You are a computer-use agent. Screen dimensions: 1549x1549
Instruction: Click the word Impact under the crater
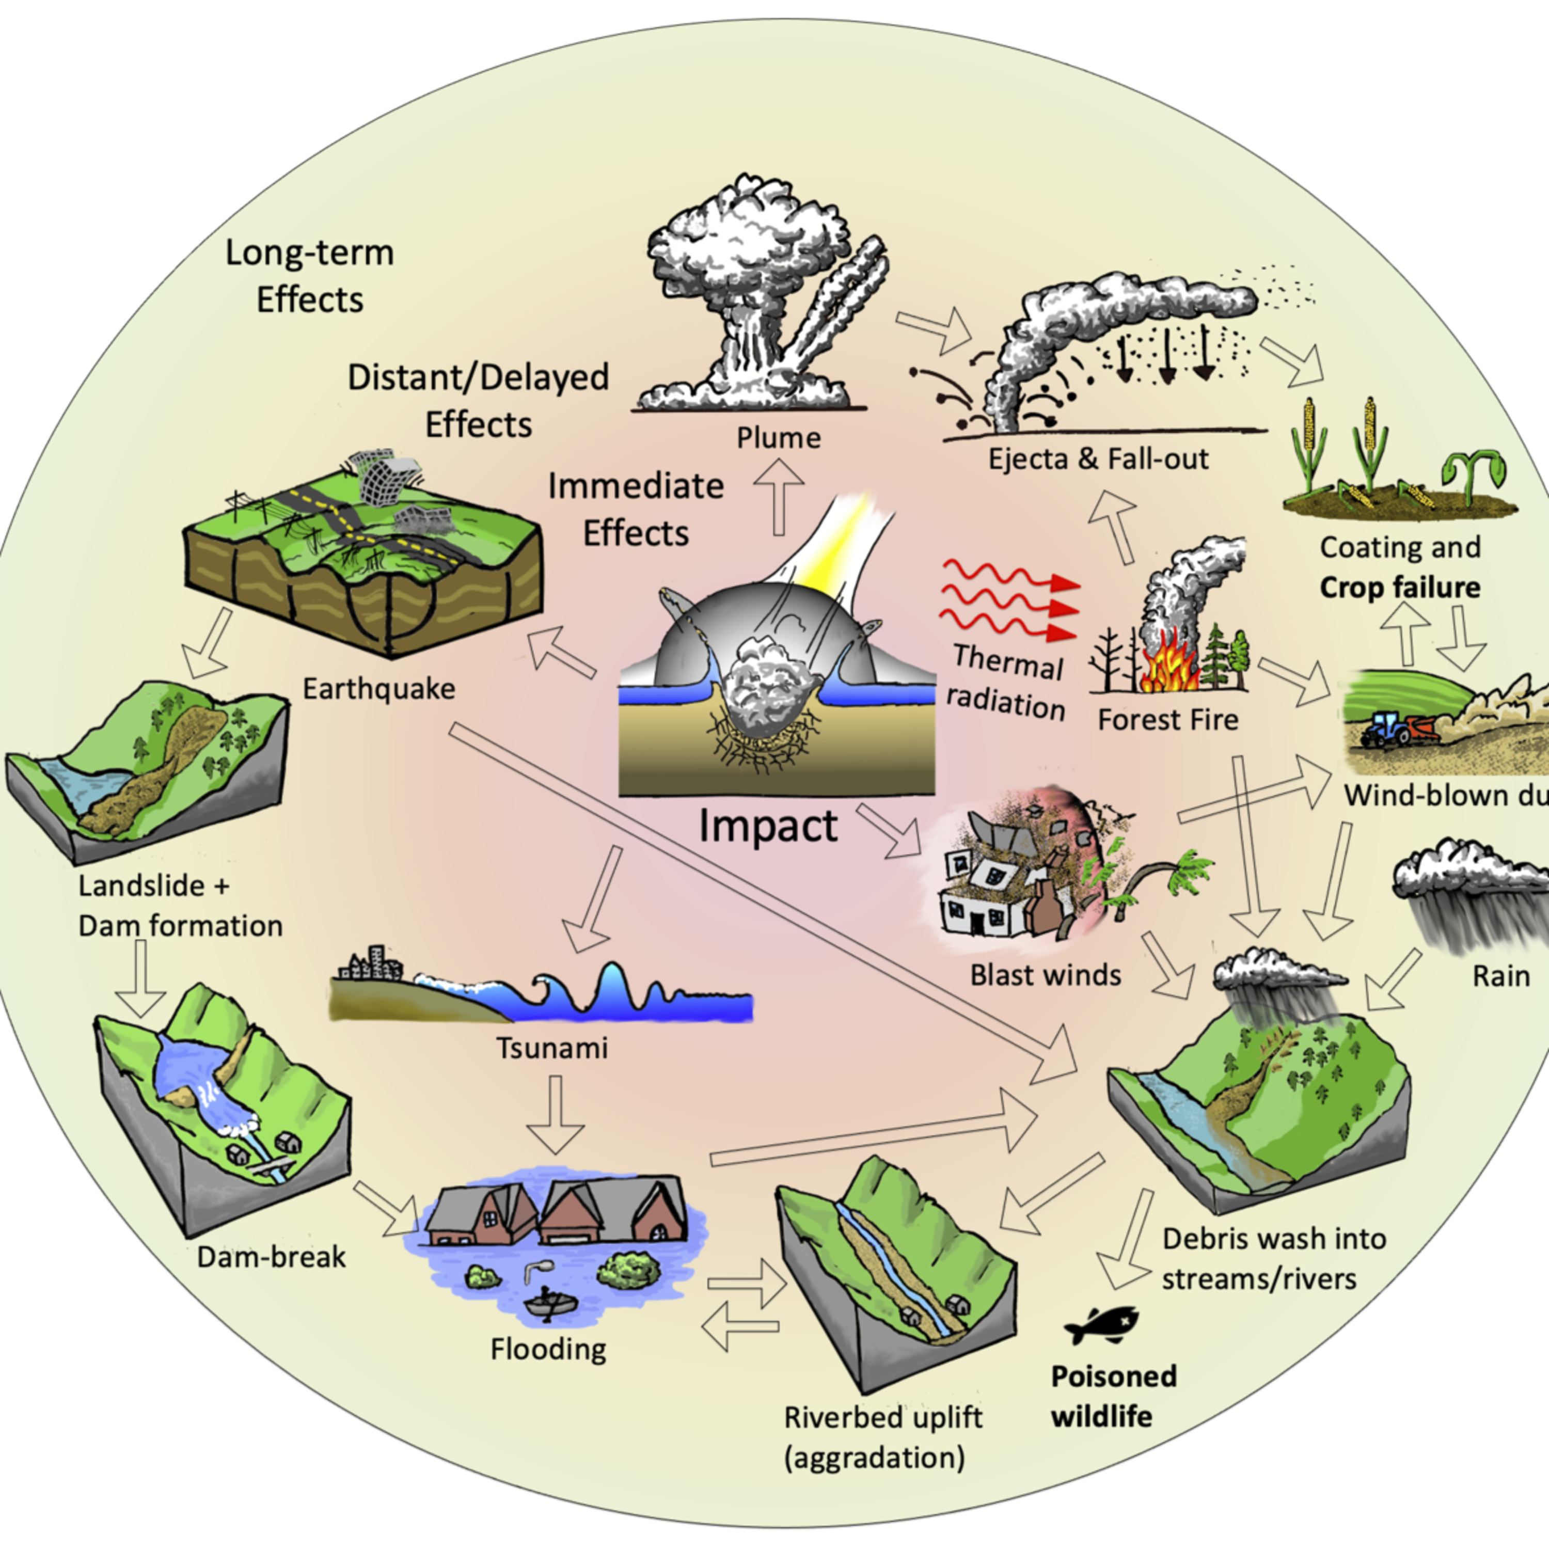767,826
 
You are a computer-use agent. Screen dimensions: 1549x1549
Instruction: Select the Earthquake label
378,688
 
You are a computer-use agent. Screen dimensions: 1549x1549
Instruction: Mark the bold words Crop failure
1400,588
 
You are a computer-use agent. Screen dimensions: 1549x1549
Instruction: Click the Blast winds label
1046,975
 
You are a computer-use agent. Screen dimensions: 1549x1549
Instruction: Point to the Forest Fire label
1167,719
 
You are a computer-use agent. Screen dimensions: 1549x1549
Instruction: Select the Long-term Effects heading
309,276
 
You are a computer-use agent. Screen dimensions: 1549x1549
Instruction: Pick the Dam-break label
271,1256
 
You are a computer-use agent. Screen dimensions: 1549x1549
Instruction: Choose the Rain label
1501,976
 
